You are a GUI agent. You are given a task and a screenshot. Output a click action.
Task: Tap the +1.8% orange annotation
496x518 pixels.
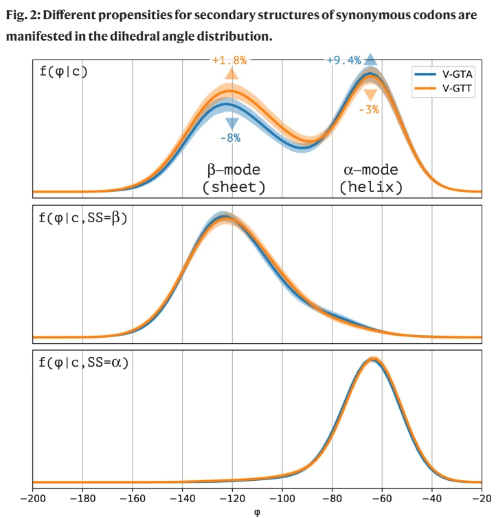click(229, 60)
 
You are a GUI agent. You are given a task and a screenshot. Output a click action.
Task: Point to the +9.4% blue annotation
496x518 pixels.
click(343, 60)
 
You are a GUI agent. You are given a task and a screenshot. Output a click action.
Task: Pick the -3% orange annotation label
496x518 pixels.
click(369, 109)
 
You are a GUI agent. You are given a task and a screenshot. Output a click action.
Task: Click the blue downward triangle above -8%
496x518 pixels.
click(232, 123)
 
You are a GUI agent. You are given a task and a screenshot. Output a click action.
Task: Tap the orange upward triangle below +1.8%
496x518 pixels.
click(232, 74)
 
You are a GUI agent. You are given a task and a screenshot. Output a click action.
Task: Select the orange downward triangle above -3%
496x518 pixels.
click(370, 94)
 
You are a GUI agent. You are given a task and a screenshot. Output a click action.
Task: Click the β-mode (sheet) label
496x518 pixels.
click(234, 177)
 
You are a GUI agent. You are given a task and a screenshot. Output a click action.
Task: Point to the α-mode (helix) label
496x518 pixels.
click(372, 177)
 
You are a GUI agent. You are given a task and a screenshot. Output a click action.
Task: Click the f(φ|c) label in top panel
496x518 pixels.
click(64, 69)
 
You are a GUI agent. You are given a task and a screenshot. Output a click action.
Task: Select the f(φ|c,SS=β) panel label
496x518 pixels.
click(84, 218)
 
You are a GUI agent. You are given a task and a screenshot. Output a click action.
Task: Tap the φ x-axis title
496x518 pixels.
click(257, 511)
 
